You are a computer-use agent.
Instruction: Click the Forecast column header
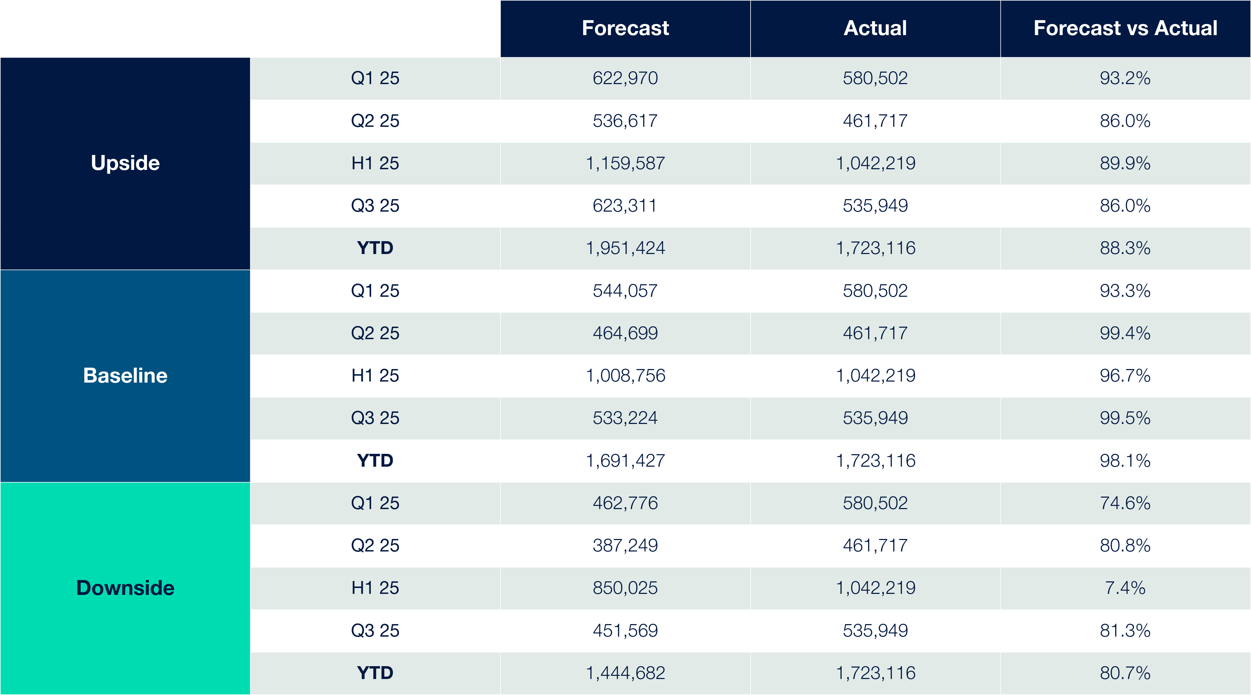point(625,28)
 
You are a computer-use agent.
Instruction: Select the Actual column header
point(875,28)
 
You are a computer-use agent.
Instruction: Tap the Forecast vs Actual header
point(1125,28)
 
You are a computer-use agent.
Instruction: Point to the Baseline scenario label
point(125,375)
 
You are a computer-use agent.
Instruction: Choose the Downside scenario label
point(125,588)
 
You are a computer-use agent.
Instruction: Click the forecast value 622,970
point(625,78)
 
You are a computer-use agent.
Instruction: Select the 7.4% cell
point(1125,588)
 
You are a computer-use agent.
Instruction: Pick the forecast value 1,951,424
point(625,248)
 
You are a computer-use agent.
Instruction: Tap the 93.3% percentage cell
point(1125,291)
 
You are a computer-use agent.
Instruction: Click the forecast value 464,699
point(625,333)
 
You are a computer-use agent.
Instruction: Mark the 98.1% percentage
point(1125,460)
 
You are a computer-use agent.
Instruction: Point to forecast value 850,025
point(625,588)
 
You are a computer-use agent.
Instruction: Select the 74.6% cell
point(1125,503)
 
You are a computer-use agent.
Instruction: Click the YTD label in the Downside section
point(375,673)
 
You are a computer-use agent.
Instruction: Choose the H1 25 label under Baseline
point(375,375)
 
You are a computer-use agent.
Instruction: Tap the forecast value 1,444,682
point(625,673)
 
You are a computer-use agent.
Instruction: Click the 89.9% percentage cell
point(1125,163)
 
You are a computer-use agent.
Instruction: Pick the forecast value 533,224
point(625,418)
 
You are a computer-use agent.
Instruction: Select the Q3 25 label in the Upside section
point(375,205)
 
